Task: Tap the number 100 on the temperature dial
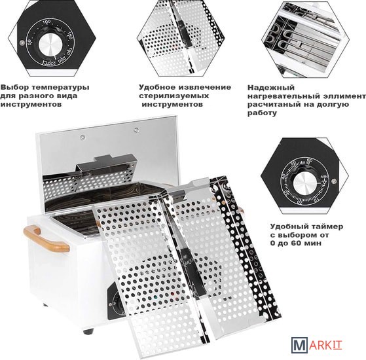click(46, 22)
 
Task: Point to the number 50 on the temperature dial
click(29, 42)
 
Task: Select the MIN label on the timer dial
click(324, 177)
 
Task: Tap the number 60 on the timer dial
click(310, 160)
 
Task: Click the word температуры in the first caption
click(60, 88)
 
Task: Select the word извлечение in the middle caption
click(205, 88)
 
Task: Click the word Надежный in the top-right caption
click(271, 88)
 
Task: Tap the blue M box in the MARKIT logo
click(299, 344)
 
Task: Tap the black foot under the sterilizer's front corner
click(88, 331)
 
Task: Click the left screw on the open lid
click(82, 137)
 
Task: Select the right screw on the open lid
click(136, 130)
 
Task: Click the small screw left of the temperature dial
click(22, 43)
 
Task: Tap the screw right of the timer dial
click(334, 181)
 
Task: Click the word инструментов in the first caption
click(31, 104)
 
